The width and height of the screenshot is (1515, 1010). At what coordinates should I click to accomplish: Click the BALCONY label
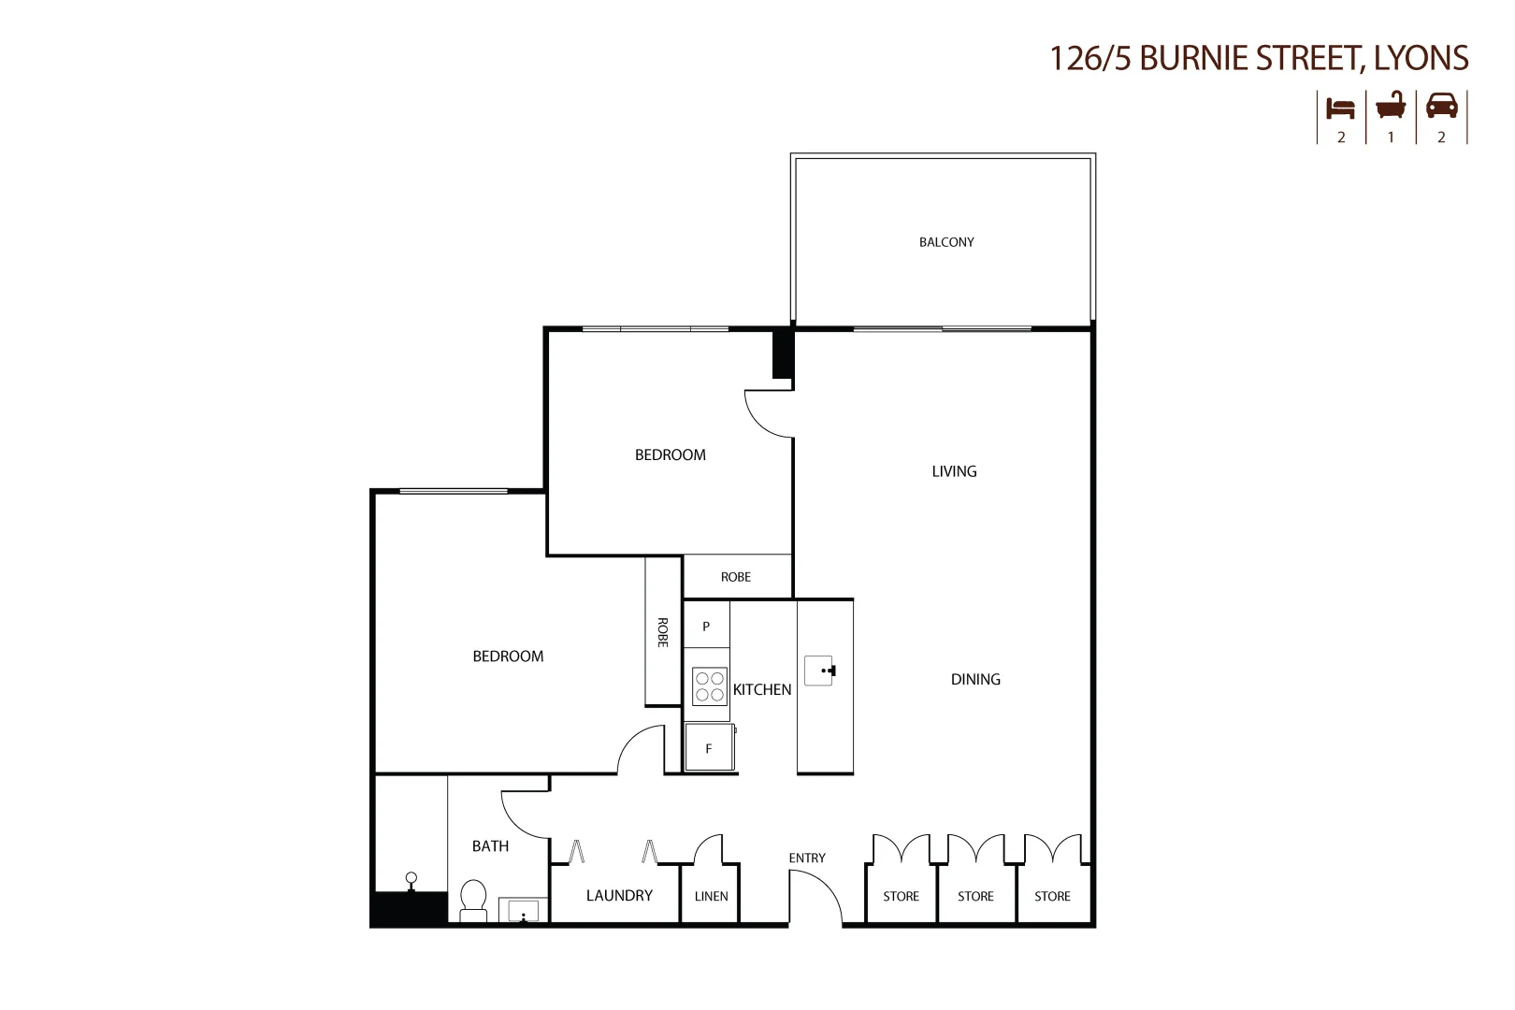pos(946,242)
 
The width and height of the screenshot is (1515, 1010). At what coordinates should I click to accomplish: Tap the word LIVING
pos(954,471)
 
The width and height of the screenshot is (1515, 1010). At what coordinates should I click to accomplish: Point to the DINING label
pos(975,680)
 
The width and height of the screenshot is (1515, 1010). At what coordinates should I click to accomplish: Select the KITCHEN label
pos(762,690)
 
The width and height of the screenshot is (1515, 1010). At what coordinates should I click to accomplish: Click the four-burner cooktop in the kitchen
pos(710,686)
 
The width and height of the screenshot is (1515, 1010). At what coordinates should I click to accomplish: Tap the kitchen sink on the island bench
pos(819,671)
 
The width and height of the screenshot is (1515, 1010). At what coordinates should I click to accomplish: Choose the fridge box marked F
pos(709,748)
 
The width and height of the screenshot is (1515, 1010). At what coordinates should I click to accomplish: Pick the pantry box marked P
pos(706,626)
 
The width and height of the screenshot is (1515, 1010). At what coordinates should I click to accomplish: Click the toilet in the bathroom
pos(474,901)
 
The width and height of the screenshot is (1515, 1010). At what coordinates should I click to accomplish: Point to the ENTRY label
pos(807,858)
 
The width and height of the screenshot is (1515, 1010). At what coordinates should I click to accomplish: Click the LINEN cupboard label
pos(711,896)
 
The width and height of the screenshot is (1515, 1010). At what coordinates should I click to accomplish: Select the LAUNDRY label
pos(619,896)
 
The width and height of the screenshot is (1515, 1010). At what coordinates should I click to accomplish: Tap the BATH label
pos(490,846)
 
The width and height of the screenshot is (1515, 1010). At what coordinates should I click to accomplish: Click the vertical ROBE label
pos(662,632)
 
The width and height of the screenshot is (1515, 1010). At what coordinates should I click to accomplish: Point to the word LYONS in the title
pos(1421,58)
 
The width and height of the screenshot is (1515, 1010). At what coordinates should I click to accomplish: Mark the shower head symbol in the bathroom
pos(411,880)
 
